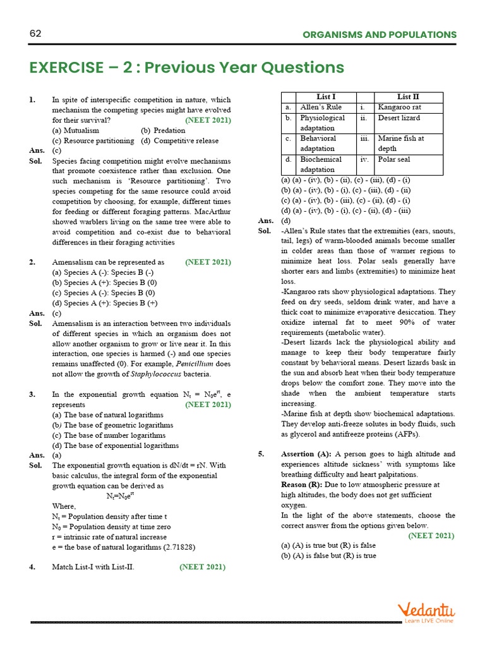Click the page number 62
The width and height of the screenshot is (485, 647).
tap(35, 34)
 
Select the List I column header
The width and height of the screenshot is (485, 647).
tap(325, 97)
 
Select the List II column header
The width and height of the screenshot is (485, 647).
tap(408, 97)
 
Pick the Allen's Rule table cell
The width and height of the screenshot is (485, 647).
tap(321, 107)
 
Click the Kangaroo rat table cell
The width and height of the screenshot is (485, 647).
tap(399, 107)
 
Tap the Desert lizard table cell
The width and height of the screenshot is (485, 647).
tap(399, 118)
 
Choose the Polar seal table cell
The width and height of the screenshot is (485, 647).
tap(394, 159)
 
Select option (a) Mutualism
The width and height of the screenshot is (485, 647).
tap(78, 130)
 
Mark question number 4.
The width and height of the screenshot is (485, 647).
tap(32, 567)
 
